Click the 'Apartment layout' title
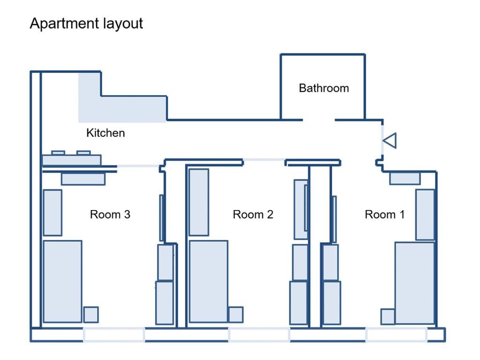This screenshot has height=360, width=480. click(x=86, y=23)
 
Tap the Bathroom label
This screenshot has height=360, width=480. click(x=323, y=88)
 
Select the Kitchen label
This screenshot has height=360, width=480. click(x=105, y=133)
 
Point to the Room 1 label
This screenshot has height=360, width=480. click(x=384, y=215)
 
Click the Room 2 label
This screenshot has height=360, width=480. click(x=253, y=215)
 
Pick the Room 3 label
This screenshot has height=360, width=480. click(x=110, y=215)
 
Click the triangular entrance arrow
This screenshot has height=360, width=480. click(x=390, y=141)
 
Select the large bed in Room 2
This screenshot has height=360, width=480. click(x=208, y=281)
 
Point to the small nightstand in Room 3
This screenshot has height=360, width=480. click(x=91, y=315)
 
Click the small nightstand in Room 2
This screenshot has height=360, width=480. click(x=235, y=315)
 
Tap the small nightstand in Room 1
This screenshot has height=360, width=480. click(x=388, y=316)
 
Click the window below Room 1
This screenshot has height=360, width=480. click(x=396, y=335)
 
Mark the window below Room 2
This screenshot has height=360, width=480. click(x=259, y=335)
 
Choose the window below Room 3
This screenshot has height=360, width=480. click(x=114, y=335)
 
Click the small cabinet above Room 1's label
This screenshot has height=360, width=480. click(x=405, y=179)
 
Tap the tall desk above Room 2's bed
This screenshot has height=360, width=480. click(x=199, y=202)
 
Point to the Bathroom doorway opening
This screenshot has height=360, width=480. click(x=319, y=120)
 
